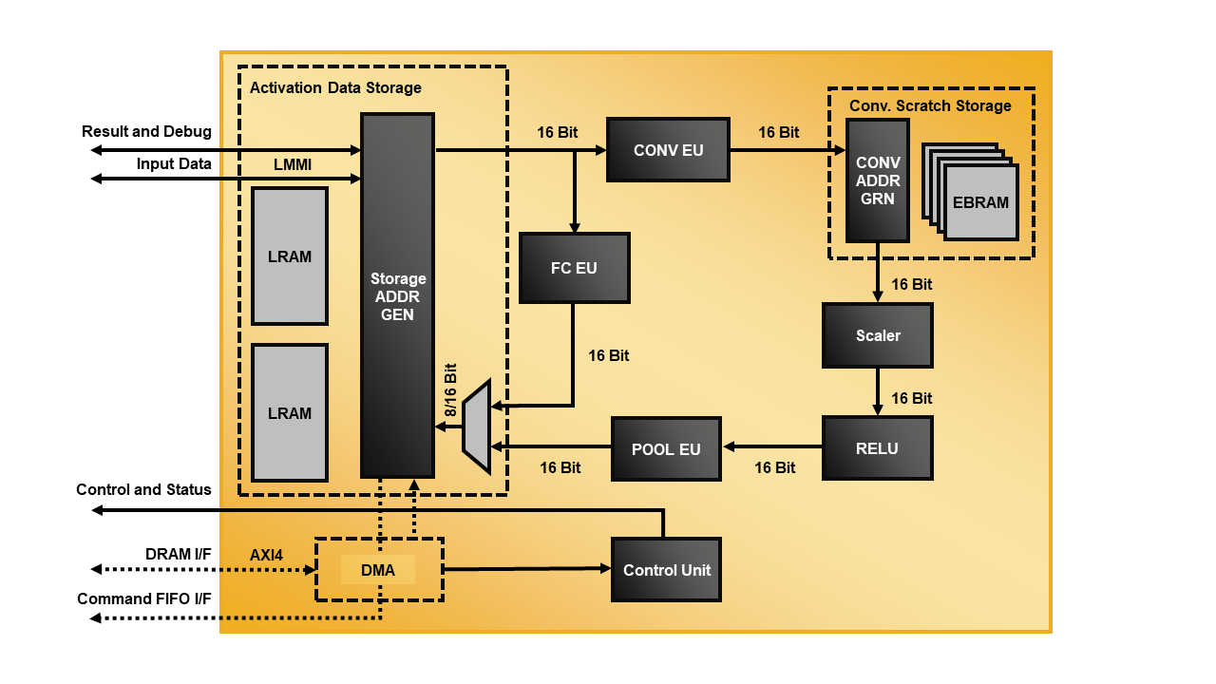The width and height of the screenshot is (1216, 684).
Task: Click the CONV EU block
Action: [668, 150]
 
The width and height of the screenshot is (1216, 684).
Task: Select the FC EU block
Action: [574, 268]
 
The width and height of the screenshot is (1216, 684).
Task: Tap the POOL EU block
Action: [666, 448]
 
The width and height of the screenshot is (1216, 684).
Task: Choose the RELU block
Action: [877, 448]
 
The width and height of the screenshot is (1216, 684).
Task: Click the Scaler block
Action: [877, 335]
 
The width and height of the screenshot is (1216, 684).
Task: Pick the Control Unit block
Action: [666, 570]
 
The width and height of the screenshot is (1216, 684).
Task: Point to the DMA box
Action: [378, 569]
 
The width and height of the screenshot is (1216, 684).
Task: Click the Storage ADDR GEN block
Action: [397, 295]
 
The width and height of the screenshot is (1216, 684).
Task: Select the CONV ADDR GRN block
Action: [877, 180]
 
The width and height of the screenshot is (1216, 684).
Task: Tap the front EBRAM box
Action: [980, 202]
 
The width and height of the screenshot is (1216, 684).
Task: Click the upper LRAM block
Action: [290, 256]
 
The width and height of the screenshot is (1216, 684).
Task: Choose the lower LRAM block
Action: [290, 413]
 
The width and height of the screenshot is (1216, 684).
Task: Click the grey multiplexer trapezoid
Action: [477, 427]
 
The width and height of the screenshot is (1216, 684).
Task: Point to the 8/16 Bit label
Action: [450, 389]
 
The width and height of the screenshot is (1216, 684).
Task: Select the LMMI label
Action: [293, 165]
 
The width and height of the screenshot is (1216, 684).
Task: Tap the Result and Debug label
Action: [146, 131]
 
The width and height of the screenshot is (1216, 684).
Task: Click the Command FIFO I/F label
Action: [144, 598]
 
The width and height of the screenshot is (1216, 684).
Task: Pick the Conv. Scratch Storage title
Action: [930, 105]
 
